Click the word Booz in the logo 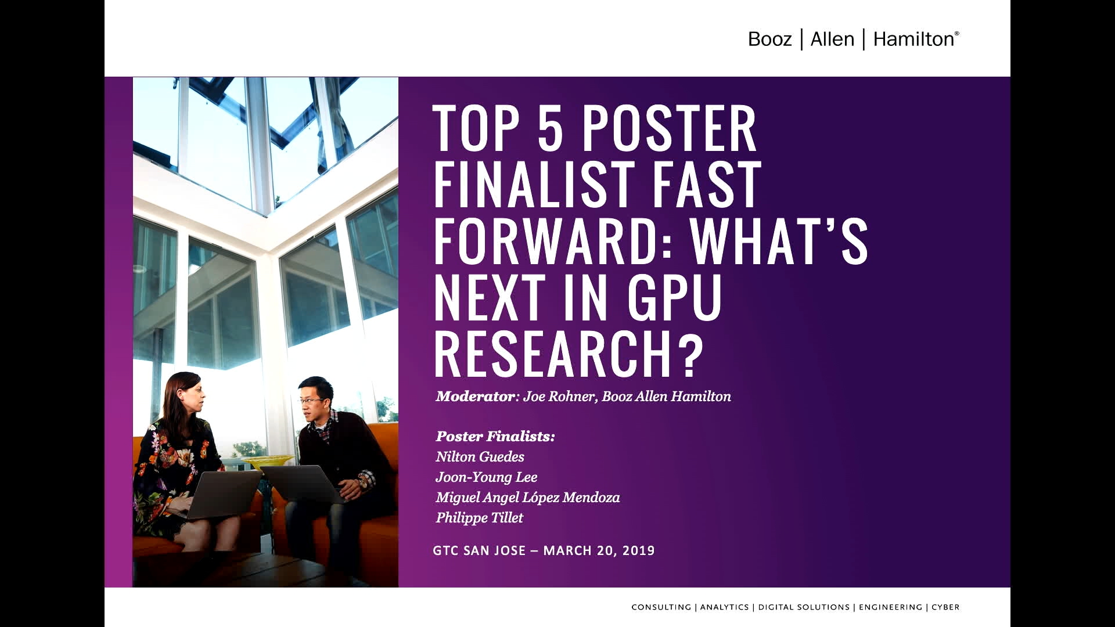[769, 39]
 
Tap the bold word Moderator [475, 397]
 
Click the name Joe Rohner [559, 397]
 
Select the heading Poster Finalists [495, 437]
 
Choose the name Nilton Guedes [480, 457]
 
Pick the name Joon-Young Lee [487, 477]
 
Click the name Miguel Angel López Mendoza [528, 498]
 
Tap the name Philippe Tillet [480, 518]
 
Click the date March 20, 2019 [599, 550]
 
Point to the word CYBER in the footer [945, 607]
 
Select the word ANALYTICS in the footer [724, 607]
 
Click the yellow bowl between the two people [268, 462]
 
